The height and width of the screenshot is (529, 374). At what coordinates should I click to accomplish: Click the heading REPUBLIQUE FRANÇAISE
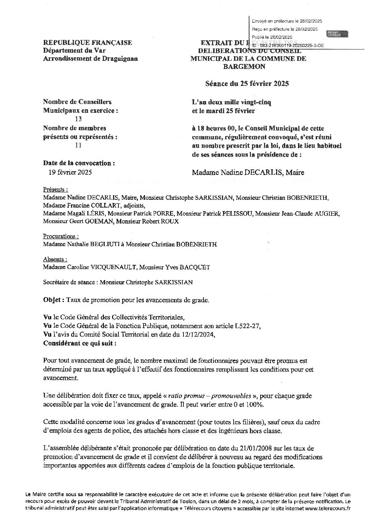coord(87,43)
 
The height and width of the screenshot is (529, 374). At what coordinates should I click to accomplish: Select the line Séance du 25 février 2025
coord(247,84)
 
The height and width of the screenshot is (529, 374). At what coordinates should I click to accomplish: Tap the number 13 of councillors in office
coord(78,119)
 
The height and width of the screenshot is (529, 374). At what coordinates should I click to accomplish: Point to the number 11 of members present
coord(78,145)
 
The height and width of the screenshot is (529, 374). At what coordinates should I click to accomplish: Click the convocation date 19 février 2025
coord(70,172)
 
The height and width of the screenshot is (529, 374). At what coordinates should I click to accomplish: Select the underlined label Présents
coord(55,190)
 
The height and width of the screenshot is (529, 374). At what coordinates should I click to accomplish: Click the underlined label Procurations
coord(60,236)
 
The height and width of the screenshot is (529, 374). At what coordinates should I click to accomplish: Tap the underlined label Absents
coord(55,259)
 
